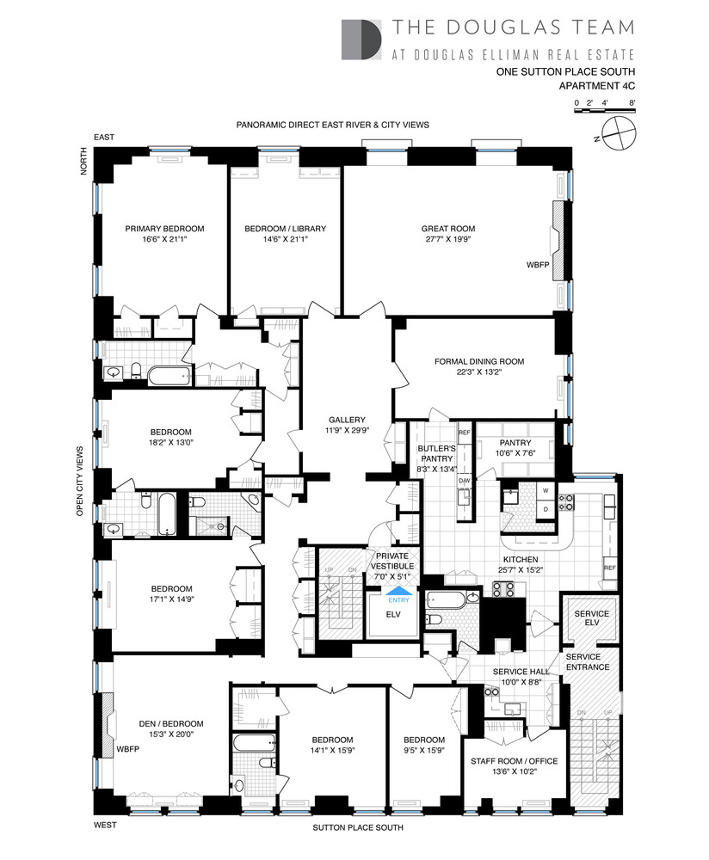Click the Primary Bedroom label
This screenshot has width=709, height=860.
coord(164,228)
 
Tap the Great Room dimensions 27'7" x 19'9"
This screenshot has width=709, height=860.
coord(447,240)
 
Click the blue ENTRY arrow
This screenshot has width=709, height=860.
coord(398,590)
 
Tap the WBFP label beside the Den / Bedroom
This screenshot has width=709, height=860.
coord(128,748)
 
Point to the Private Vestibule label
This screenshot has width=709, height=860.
coord(392,561)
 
